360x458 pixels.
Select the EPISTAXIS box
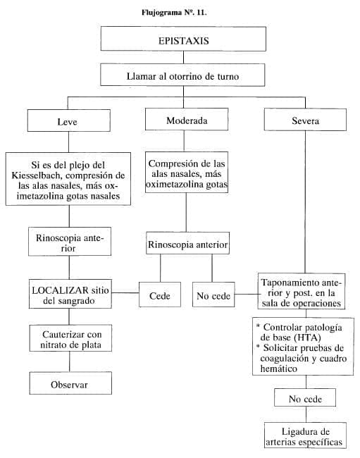(186, 40)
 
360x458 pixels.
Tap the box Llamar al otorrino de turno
(186, 74)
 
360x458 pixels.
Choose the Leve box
(67, 120)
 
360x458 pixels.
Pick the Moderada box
(187, 120)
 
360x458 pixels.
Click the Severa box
(305, 120)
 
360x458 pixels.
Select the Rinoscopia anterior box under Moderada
(188, 246)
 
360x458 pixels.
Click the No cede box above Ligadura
(305, 400)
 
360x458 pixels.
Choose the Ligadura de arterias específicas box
(305, 435)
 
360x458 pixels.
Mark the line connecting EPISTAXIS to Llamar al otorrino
(186, 58)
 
